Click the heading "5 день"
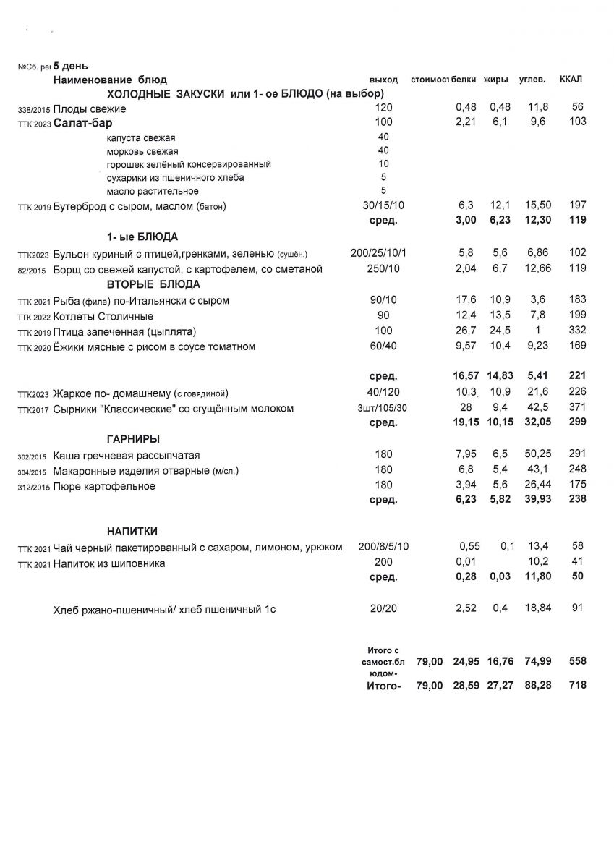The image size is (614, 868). (71, 66)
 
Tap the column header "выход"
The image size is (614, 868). (383, 79)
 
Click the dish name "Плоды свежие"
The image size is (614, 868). (90, 109)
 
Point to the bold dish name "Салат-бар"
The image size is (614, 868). (83, 123)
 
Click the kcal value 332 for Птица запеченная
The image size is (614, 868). (577, 331)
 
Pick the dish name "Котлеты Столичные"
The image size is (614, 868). (103, 316)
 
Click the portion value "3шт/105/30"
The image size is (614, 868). (383, 409)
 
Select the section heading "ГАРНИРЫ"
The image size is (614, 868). (133, 439)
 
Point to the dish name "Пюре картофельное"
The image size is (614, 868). (104, 486)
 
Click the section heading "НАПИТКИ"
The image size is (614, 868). (132, 531)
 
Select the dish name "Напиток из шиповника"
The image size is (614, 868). (109, 563)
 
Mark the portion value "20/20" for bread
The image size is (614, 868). (383, 609)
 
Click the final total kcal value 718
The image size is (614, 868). (577, 685)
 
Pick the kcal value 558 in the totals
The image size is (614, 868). (577, 661)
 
